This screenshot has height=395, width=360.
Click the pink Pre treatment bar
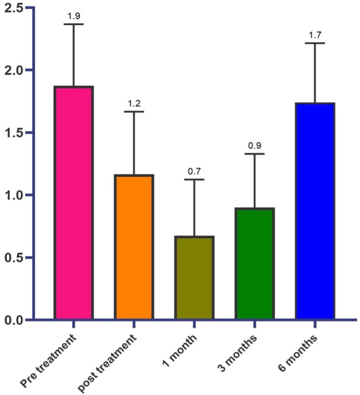[x=73, y=203]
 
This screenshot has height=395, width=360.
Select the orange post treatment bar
[x=134, y=247]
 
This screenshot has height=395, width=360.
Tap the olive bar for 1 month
[x=194, y=277]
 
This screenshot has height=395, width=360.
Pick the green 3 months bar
[x=254, y=263]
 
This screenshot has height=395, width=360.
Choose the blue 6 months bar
[x=315, y=211]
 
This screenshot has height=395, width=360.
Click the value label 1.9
[x=74, y=16]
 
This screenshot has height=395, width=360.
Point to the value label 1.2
[x=134, y=103]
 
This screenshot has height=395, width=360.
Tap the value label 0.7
[x=194, y=171]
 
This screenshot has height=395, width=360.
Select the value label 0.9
[x=254, y=145]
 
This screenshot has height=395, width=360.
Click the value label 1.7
[x=315, y=35]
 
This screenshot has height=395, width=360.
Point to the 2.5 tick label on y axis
[x=14, y=8]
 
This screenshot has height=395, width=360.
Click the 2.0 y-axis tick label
[x=14, y=70]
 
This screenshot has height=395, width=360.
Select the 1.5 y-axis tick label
[x=14, y=133]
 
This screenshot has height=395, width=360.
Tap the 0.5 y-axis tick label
[x=14, y=257]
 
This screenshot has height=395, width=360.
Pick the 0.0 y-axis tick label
[x=14, y=320]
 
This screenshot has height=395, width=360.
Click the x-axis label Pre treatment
[x=48, y=361]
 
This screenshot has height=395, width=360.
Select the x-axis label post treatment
[x=107, y=363]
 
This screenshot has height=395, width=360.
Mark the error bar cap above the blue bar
[x=315, y=43]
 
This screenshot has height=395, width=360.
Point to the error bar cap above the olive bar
[x=194, y=180]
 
